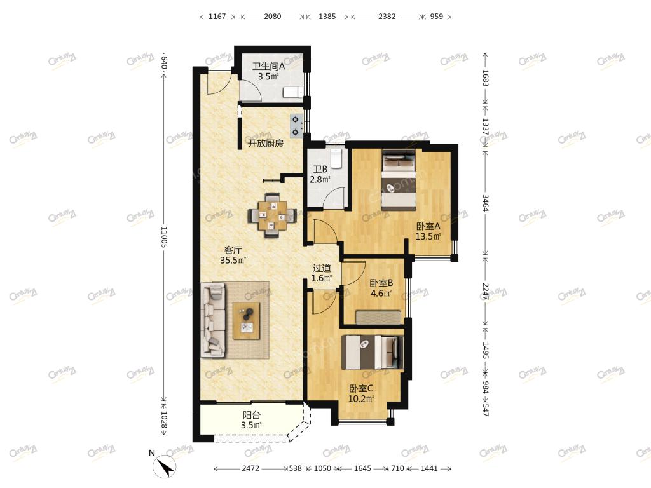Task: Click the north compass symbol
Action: [x=165, y=466]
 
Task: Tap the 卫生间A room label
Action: [x=269, y=66]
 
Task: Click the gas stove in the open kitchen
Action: [x=296, y=126]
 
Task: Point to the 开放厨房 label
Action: [x=266, y=144]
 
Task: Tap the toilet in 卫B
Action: [x=336, y=158]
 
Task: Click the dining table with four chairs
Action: [x=272, y=215]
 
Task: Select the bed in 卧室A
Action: [x=399, y=180]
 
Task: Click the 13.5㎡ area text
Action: [x=428, y=236]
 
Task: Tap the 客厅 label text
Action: [x=233, y=250]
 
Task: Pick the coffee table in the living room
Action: [x=247, y=321]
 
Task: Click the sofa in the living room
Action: [x=214, y=320]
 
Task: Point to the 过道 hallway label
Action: [x=322, y=268]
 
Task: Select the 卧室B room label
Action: [x=381, y=283]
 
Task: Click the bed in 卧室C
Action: [x=373, y=352]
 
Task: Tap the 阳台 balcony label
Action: [x=252, y=415]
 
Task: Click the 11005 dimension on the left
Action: [x=163, y=237]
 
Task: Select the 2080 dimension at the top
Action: [x=272, y=17]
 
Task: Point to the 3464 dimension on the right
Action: [x=485, y=203]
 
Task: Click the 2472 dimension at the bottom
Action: [x=250, y=468]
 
